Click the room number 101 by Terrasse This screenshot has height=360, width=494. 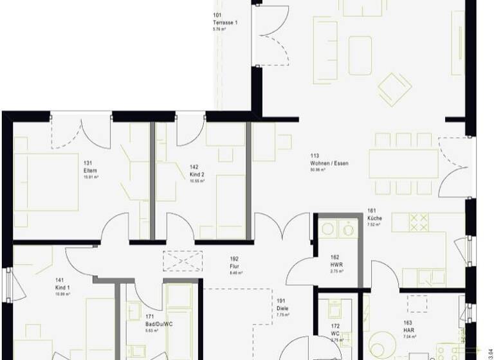[x=217, y=15]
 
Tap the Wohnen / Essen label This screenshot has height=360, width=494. [x=329, y=163]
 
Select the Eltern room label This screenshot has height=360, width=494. [x=89, y=170]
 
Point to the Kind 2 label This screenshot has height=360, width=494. [x=197, y=174]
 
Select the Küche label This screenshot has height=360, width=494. [x=374, y=219]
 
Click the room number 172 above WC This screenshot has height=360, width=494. [x=334, y=327]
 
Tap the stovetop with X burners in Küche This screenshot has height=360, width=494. [x=419, y=222]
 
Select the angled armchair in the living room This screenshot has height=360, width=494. [x=394, y=89]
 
